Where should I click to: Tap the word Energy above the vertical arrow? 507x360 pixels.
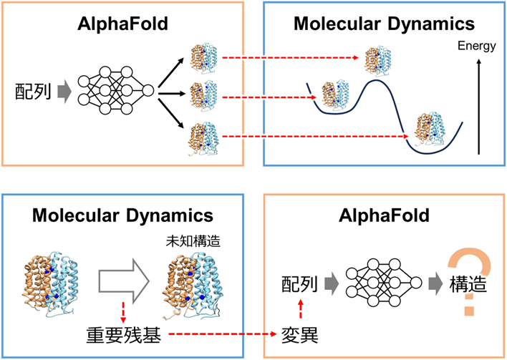click(476, 47)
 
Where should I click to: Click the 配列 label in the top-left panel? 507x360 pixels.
click(33, 92)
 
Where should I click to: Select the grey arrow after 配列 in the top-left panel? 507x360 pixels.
click(64, 92)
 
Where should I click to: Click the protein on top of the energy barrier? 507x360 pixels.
click(380, 58)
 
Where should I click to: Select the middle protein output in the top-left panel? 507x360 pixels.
click(205, 94)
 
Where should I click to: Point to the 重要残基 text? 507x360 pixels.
click(119, 334)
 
